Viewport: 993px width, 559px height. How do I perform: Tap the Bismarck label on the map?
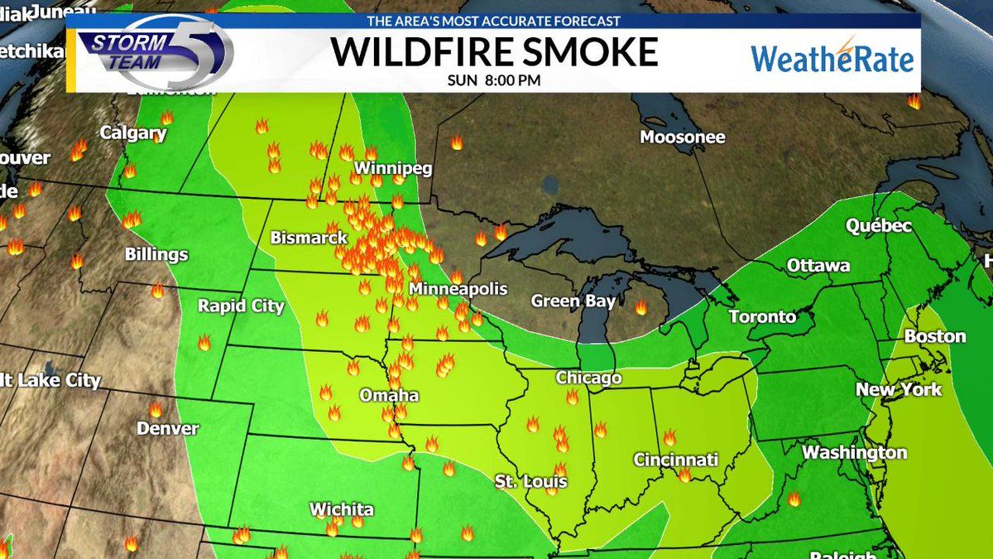click(309, 238)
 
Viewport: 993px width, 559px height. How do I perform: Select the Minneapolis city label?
click(458, 290)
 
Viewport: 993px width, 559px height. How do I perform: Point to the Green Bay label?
click(573, 301)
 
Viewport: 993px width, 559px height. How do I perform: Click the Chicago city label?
click(588, 378)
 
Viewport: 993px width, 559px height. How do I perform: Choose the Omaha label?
click(389, 396)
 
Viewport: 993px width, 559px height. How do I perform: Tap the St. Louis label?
click(531, 481)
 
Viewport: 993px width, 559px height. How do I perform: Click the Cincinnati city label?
click(676, 460)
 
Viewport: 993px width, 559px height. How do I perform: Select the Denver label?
click(168, 428)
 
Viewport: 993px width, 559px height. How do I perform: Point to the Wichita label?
click(342, 509)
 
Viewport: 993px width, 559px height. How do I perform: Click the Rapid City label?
click(241, 306)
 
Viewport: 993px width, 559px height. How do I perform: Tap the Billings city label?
click(156, 254)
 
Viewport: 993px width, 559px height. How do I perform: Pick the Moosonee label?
click(683, 137)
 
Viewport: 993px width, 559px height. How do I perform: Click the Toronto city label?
click(762, 317)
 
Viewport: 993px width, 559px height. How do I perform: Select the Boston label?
click(935, 336)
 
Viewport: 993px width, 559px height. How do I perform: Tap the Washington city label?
click(855, 453)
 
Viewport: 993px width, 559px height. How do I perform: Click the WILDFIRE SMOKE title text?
click(495, 52)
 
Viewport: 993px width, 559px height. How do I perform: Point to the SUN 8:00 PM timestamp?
click(495, 80)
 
